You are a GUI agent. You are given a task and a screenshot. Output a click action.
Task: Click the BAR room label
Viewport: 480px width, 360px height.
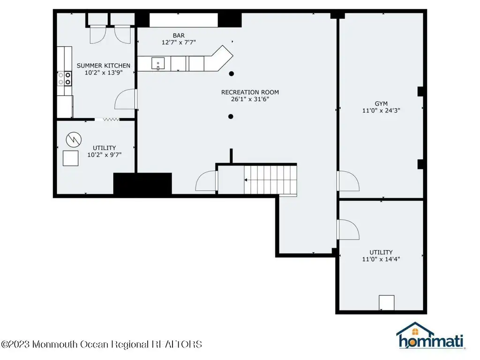pos(179,36)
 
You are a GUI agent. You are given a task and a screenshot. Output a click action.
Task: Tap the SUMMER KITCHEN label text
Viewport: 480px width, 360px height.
pos(104,66)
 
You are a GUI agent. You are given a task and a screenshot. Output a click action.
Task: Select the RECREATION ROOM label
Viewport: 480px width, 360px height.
pos(250,92)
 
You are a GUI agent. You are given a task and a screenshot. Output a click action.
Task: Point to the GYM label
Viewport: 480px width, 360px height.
pos(381,104)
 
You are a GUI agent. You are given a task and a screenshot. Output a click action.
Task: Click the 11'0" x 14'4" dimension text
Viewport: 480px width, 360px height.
pos(381,259)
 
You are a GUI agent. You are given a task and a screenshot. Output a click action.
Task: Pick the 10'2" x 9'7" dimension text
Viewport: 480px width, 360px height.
pos(105,155)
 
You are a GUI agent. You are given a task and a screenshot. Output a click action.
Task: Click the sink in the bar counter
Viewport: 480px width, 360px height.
pos(158,64)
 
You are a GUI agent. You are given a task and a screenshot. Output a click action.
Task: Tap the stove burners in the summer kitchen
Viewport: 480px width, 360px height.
pos(65,78)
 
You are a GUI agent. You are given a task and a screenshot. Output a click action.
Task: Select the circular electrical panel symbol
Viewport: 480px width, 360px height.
pos(74,140)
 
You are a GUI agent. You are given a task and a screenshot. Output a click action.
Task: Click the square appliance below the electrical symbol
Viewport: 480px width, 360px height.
pos(70,158)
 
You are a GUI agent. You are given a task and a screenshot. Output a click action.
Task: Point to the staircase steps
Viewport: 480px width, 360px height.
pos(270,180)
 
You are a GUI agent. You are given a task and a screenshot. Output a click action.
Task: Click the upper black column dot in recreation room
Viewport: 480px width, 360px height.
pos(232,74)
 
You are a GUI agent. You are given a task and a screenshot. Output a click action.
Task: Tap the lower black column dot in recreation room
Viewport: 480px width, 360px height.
pos(231,116)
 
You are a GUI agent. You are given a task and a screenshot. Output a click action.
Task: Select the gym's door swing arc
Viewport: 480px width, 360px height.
pos(348,181)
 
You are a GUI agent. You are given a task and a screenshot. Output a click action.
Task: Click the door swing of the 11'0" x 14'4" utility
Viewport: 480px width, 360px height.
pos(348,230)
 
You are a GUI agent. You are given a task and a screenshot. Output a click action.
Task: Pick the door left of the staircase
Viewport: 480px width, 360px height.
pos(206,181)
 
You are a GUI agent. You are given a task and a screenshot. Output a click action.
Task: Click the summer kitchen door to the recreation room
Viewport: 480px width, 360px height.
pos(125,99)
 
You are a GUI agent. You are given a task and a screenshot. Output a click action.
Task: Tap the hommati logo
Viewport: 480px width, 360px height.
pos(430,336)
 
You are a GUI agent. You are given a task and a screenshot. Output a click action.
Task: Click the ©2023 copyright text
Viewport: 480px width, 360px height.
pos(101,345)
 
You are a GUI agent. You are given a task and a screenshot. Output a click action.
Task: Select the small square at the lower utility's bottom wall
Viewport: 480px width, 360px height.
pos(386,303)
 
